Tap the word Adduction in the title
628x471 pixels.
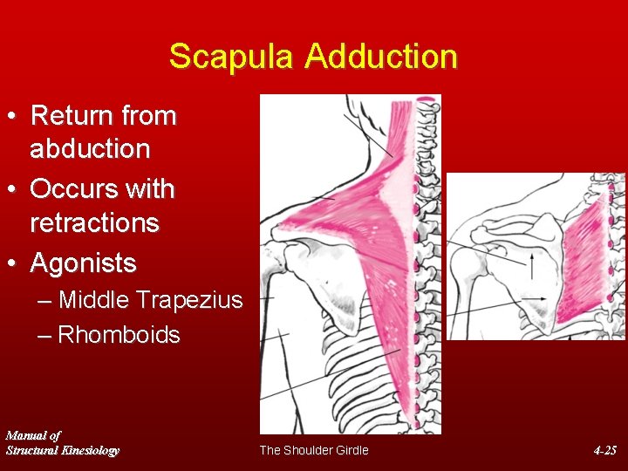pos(381,57)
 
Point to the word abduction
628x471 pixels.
pos(90,149)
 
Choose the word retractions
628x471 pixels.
pos(94,223)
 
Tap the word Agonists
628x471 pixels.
pos(83,263)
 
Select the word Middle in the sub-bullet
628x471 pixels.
pos(94,301)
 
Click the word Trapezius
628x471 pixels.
pos(189,301)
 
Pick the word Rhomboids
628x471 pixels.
pos(119,335)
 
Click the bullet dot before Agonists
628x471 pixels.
pos(14,263)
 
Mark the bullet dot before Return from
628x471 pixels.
pos(14,116)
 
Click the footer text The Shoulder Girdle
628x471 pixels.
pos(314,450)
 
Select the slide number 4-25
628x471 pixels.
pos(604,450)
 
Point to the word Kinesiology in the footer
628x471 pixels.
pos(85,450)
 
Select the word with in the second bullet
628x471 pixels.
pos(154,189)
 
